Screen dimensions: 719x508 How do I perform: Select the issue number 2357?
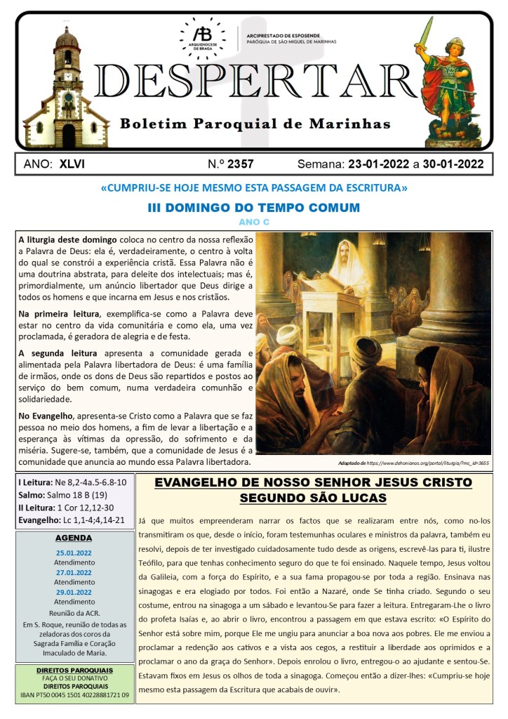[x=240, y=164]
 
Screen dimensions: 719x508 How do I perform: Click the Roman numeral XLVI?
[x=72, y=164]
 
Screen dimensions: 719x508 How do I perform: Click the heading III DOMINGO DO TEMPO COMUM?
[x=253, y=208]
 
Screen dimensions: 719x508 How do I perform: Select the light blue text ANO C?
[x=253, y=221]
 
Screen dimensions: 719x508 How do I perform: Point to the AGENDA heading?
[x=74, y=538]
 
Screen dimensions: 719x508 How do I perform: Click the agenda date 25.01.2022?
[x=74, y=553]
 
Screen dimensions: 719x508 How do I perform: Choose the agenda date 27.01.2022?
[x=74, y=572]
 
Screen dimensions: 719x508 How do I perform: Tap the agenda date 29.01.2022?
[x=74, y=592]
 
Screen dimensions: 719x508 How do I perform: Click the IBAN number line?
[x=75, y=695]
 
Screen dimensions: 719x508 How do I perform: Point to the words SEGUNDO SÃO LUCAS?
[x=313, y=498]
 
